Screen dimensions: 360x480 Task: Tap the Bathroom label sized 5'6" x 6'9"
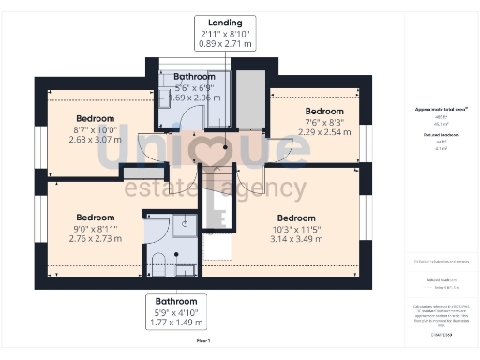(194, 77)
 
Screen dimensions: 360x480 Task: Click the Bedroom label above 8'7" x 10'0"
(96, 118)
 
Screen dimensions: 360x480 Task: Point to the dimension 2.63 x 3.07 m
(96, 140)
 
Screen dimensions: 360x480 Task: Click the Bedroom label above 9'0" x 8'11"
(96, 217)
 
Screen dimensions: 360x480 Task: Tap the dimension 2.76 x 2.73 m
(96, 238)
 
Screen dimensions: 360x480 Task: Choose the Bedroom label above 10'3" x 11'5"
(295, 217)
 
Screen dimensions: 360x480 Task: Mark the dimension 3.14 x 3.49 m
(295, 239)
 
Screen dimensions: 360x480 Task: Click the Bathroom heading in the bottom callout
(176, 300)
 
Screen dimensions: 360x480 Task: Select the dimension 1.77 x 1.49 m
(176, 322)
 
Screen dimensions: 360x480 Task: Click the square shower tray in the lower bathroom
(184, 225)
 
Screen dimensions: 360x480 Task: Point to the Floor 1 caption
(203, 341)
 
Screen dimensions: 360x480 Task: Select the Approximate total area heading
(441, 109)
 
